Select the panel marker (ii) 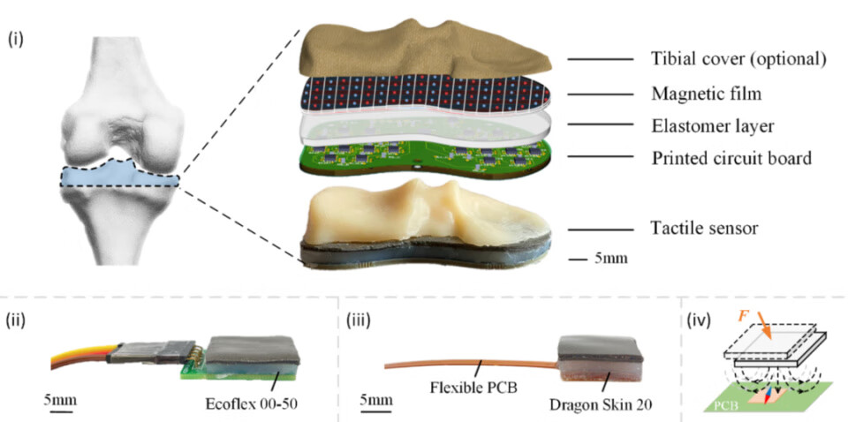[19, 317]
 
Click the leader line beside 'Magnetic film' [601, 93]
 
